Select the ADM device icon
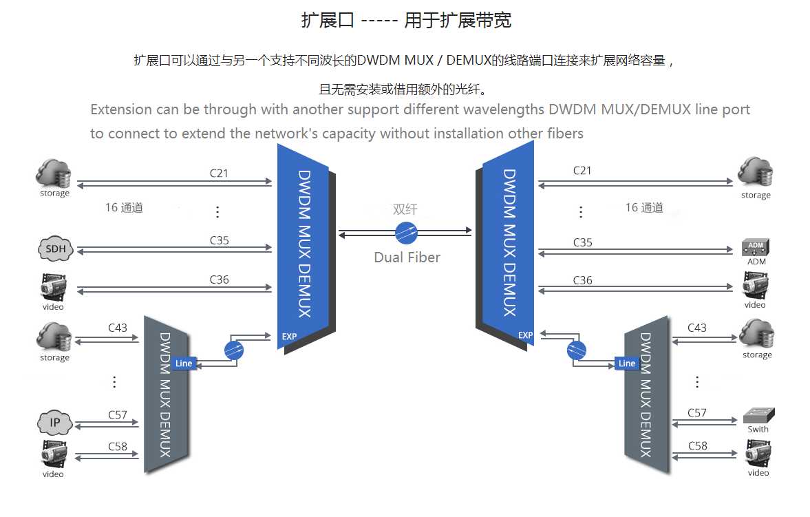pyautogui.click(x=756, y=247)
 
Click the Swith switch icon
pyautogui.click(x=758, y=416)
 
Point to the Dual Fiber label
pyautogui.click(x=407, y=257)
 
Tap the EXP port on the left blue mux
pyautogui.click(x=289, y=337)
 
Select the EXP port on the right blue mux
pyautogui.click(x=525, y=335)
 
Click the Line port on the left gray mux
pyautogui.click(x=184, y=363)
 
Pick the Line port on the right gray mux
pyautogui.click(x=626, y=363)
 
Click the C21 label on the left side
pyautogui.click(x=219, y=173)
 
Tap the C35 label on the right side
pyautogui.click(x=582, y=242)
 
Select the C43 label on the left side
pyautogui.click(x=118, y=328)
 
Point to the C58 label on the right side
pyautogui.click(x=697, y=445)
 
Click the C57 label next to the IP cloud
pyautogui.click(x=118, y=414)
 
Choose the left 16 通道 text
pyautogui.click(x=124, y=207)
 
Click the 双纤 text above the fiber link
pyautogui.click(x=405, y=209)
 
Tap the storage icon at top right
pyautogui.click(x=755, y=172)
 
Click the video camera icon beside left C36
pyautogui.click(x=53, y=288)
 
